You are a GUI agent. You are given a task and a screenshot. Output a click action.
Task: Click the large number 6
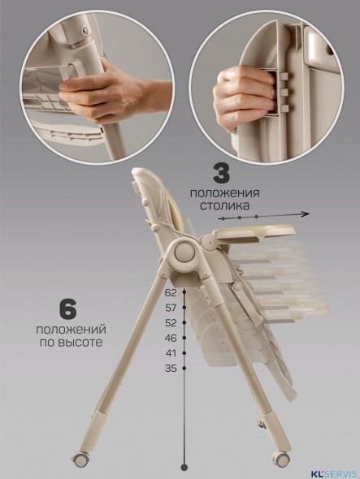68,310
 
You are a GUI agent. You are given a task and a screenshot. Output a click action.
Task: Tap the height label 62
170,292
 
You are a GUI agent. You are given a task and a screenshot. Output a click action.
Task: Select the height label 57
170,308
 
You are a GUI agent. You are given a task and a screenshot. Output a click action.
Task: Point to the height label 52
170,322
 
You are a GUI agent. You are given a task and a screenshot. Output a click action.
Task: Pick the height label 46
170,337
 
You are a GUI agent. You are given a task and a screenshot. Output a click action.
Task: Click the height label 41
170,352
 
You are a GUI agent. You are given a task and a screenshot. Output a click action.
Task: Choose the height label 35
170,368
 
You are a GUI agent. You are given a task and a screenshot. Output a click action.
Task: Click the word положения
225,193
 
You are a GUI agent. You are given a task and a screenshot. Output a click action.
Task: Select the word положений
69,330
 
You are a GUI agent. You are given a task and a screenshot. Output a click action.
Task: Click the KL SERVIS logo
333,468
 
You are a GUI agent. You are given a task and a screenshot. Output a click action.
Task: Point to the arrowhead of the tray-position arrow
307,214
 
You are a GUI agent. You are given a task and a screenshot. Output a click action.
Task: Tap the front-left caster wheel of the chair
80,460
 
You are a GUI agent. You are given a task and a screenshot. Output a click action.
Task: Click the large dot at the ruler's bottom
184,466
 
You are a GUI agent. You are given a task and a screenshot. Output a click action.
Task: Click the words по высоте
69,343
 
